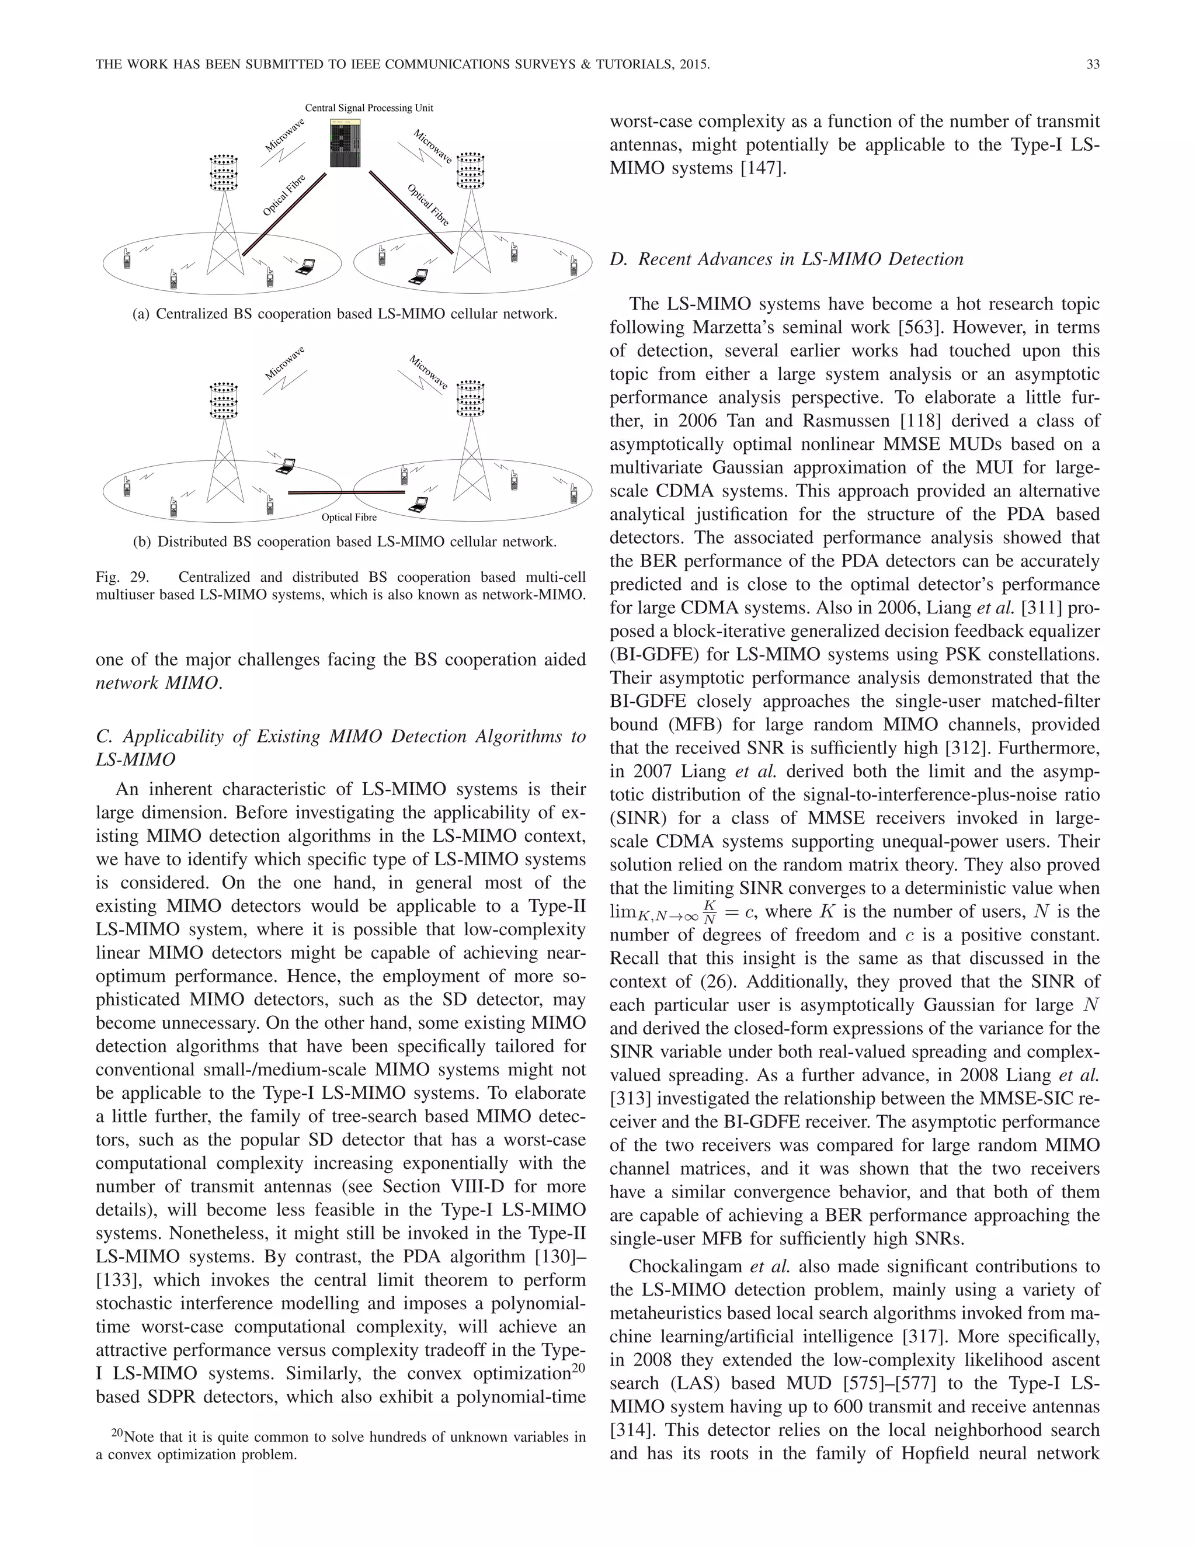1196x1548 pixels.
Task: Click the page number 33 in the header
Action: click(1092, 64)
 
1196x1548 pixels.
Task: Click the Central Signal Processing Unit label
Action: click(368, 107)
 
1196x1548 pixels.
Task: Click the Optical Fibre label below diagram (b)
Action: click(349, 518)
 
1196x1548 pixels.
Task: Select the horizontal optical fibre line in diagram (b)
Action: click(346, 492)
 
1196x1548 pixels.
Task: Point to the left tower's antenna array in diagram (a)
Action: click(224, 172)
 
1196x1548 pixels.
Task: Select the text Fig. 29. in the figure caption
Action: click(121, 577)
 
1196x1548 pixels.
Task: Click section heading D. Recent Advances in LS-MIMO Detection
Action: click(787, 259)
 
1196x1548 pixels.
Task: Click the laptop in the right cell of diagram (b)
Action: click(419, 505)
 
